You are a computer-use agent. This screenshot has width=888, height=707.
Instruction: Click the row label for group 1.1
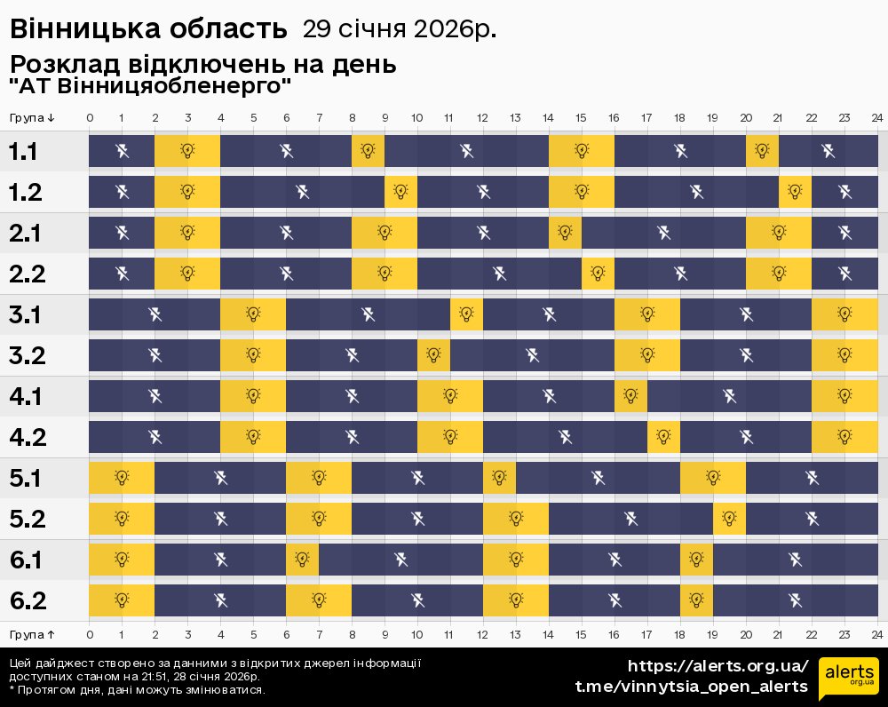(x=23, y=151)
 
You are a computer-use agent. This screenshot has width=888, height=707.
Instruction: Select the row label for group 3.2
(x=28, y=355)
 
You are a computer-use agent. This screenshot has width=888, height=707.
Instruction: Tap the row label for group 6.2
(x=28, y=600)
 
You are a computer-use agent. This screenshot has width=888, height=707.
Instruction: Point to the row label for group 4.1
(x=26, y=396)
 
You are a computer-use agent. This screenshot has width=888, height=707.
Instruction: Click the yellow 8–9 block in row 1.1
(x=369, y=151)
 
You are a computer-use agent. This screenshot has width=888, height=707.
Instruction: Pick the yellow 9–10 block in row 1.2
(x=401, y=192)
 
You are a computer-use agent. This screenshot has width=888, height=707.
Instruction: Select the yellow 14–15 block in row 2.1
(x=565, y=233)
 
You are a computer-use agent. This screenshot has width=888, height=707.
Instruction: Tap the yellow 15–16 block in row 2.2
(x=598, y=274)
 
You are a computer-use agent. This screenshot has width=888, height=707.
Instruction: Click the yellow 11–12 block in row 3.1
(x=467, y=314)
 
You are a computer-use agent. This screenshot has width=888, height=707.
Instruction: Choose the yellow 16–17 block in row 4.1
(x=630, y=396)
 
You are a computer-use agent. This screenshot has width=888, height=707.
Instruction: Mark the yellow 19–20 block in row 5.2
(x=729, y=519)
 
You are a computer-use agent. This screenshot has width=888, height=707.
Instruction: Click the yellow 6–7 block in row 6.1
(x=303, y=560)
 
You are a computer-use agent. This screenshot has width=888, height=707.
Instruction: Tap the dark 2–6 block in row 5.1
(x=220, y=478)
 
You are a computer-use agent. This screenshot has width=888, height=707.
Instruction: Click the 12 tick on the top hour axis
(x=482, y=118)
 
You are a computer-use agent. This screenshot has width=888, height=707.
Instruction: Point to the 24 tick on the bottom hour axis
(x=877, y=634)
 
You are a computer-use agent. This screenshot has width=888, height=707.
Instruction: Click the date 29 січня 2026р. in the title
(x=400, y=29)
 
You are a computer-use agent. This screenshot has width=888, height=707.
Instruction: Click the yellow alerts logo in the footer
(x=849, y=677)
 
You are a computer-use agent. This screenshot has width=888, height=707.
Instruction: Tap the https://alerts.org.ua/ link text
(x=718, y=666)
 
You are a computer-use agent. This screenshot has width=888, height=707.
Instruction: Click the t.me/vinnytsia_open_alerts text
(x=692, y=687)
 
